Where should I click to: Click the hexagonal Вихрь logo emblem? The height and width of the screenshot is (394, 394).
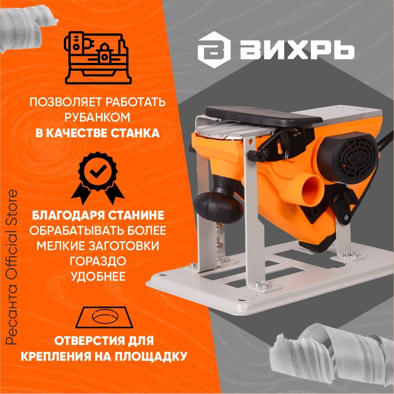[x=214, y=50]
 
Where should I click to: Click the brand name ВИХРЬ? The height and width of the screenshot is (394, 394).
[x=297, y=50]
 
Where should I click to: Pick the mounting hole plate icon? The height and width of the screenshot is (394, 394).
[x=105, y=317]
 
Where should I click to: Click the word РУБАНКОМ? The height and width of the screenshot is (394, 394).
[x=98, y=117]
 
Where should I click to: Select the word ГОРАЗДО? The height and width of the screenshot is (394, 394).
[x=98, y=261]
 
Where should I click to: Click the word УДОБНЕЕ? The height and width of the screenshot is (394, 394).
[x=98, y=276]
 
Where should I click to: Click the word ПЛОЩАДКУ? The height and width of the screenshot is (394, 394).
[x=152, y=356]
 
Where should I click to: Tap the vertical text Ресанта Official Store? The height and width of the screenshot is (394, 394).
[x=11, y=267]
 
